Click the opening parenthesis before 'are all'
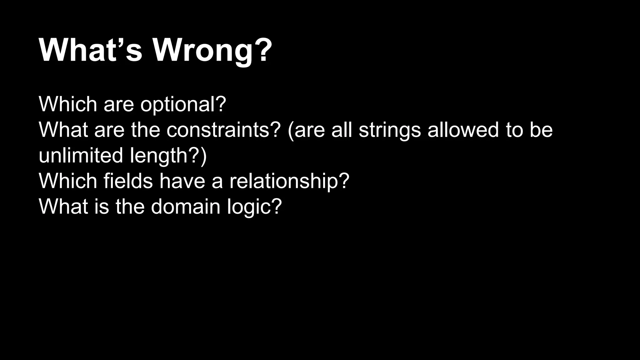pyautogui.click(x=290, y=130)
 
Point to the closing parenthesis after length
pyautogui.click(x=203, y=156)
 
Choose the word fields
pyautogui.click(x=128, y=181)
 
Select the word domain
pyautogui.click(x=186, y=207)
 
